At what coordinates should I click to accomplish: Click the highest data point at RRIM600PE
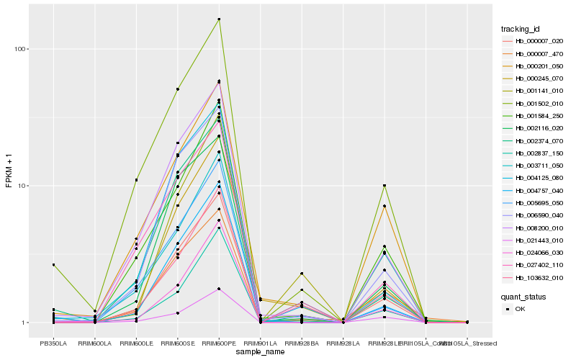point(219,19)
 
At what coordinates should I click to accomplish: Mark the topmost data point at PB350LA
point(53,265)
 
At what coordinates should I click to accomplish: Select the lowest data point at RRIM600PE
point(219,289)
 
